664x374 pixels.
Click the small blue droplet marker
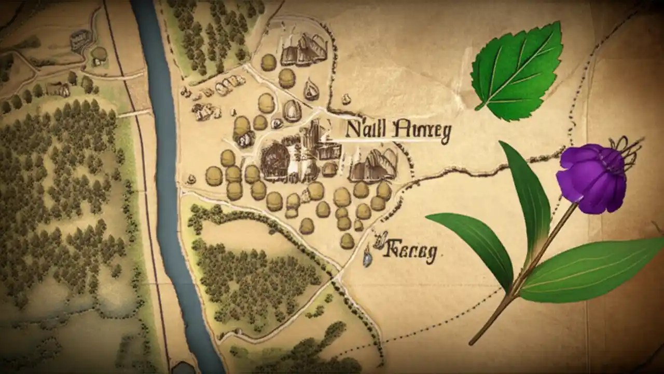click(x=367, y=258)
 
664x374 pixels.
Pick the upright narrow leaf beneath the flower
click(x=527, y=197)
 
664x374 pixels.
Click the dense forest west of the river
click(x=62, y=197)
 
